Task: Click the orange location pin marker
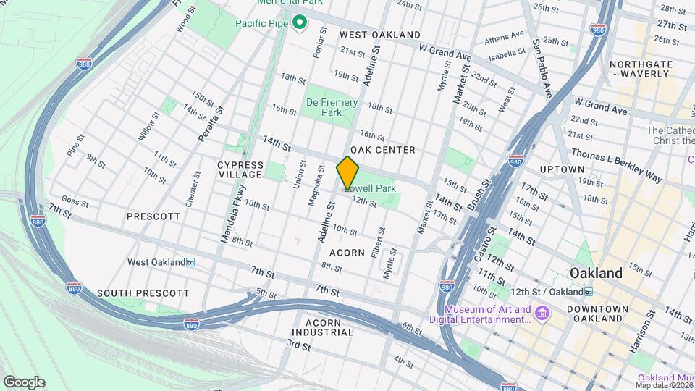pos(348,172)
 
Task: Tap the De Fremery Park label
pos(332,107)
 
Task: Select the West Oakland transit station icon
pos(190,262)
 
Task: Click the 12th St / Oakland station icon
pos(589,291)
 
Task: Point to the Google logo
pos(24,382)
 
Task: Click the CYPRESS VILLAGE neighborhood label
pos(240,169)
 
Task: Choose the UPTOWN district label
pos(562,169)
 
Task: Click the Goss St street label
pos(75,199)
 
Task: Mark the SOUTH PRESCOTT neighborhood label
pos(143,293)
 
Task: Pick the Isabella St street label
pos(507,53)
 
